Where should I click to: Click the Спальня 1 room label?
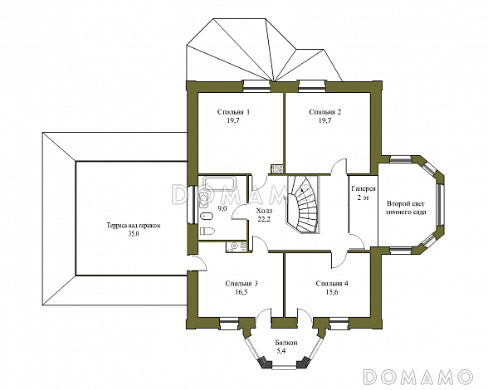click(233, 112)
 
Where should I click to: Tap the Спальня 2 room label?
click(325, 112)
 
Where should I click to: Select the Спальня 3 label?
click(242, 284)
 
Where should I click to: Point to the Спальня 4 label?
click(332, 284)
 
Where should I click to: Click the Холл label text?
click(264, 211)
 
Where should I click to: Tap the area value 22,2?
click(264, 218)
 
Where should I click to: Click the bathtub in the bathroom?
click(221, 183)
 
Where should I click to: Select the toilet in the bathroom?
click(207, 231)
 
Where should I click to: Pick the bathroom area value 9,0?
click(222, 208)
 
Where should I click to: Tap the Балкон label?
click(286, 343)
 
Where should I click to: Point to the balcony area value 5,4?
click(281, 351)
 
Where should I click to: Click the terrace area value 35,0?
click(134, 234)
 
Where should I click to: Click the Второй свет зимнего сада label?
click(406, 208)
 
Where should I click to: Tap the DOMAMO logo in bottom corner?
click(417, 377)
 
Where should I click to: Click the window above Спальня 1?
click(256, 86)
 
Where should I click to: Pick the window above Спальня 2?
click(312, 86)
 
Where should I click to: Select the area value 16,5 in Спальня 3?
click(242, 292)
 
